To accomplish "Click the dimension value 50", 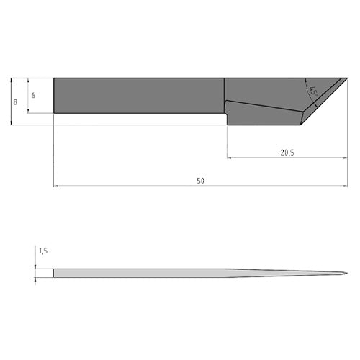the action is (x=201, y=181).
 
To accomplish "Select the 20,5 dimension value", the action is (x=287, y=153).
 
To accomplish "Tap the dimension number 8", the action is (x=15, y=102).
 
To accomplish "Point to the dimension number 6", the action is (x=33, y=95).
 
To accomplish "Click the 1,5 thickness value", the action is (x=43, y=251).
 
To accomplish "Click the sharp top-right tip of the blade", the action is (x=347, y=78).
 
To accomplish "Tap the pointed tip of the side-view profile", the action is (x=347, y=273).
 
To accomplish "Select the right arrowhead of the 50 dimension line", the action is (x=346, y=186).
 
